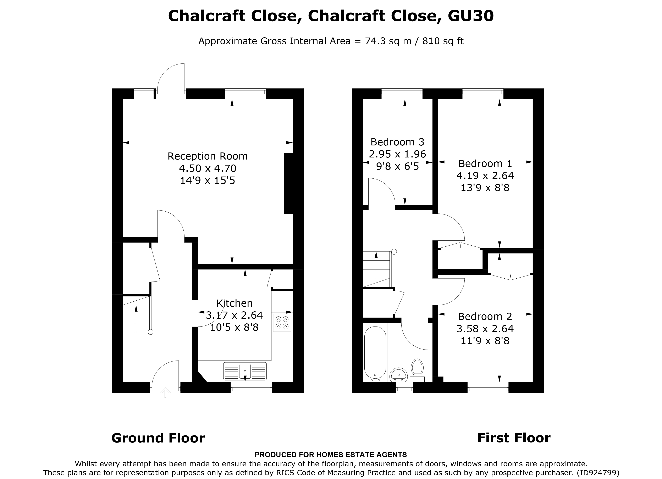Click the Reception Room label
208,156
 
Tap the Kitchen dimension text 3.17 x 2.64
234,315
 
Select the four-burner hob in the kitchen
282,323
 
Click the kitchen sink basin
245,371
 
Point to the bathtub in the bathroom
375,353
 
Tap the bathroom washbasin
398,374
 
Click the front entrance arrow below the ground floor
165,393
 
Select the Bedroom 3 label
397,142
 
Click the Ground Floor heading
158,438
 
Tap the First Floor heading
514,438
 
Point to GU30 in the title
470,16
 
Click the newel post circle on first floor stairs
394,251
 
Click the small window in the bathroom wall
404,388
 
